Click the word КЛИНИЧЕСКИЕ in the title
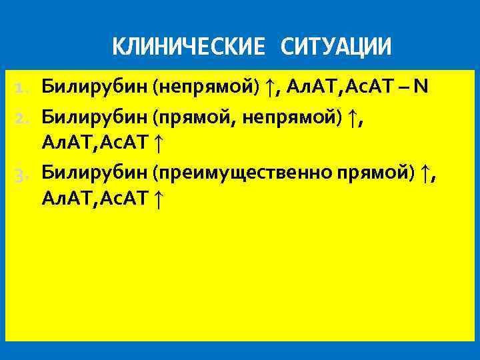tap(189, 47)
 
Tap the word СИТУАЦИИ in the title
tap(337, 47)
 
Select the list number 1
tap(23, 87)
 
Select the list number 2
tap(23, 119)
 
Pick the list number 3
tap(23, 174)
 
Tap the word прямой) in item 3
tap(376, 173)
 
